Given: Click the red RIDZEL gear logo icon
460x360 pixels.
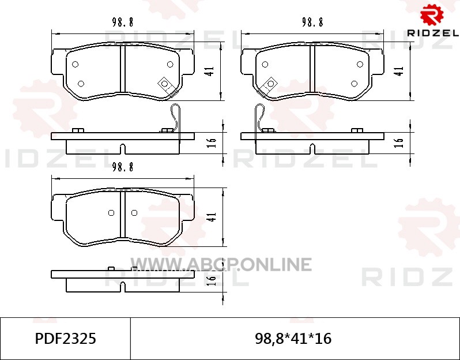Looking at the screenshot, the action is [x=432, y=14].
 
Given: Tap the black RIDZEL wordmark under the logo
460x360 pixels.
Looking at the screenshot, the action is [x=433, y=33].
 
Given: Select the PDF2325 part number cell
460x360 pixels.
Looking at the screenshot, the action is [x=65, y=339].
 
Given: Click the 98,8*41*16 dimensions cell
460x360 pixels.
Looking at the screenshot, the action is [x=293, y=339].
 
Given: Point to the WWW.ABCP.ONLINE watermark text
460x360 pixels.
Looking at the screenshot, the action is [x=221, y=264].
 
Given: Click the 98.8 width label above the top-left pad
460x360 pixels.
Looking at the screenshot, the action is [x=123, y=22].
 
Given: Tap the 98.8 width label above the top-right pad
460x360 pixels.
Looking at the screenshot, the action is [x=312, y=22].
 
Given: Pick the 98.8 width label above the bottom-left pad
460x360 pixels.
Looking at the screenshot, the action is [x=123, y=167].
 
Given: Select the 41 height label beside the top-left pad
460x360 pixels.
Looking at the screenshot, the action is [x=210, y=71].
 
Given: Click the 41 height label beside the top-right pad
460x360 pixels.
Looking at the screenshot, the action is [x=399, y=71].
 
